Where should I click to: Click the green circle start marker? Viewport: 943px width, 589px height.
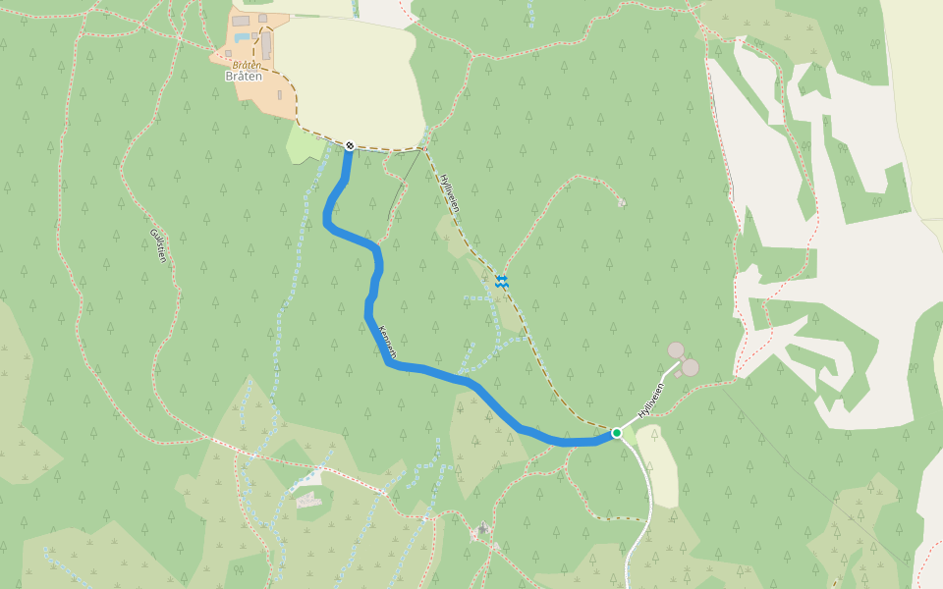pyautogui.click(x=617, y=432)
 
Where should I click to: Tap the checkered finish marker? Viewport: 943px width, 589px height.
pyautogui.click(x=349, y=146)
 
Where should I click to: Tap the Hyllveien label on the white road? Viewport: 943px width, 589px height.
pyautogui.click(x=651, y=400)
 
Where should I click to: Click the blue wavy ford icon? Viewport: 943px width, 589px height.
pyautogui.click(x=502, y=282)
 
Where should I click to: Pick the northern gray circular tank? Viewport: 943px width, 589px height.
pyautogui.click(x=676, y=350)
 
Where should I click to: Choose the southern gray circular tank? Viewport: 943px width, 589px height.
pyautogui.click(x=690, y=367)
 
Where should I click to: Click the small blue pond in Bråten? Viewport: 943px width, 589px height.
pyautogui.click(x=241, y=37)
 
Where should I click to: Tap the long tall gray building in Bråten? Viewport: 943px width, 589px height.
pyautogui.click(x=266, y=45)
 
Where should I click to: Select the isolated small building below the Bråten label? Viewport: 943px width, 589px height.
pyautogui.click(x=280, y=95)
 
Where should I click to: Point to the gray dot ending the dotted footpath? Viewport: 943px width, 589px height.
pyautogui.click(x=622, y=202)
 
